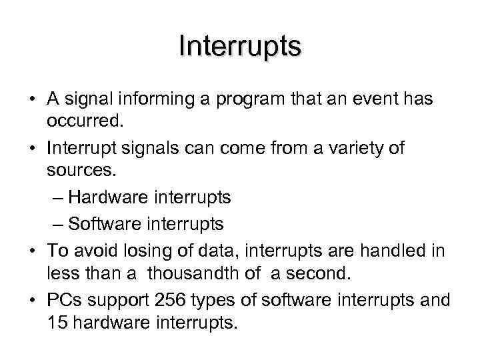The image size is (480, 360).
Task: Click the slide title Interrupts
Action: click(x=240, y=47)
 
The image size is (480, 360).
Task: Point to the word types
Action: click(x=217, y=301)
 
